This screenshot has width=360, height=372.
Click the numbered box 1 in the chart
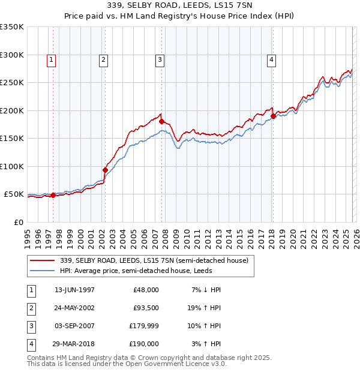point(52,59)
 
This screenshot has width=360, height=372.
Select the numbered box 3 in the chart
point(160,59)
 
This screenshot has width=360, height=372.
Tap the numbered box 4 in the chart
point(272,59)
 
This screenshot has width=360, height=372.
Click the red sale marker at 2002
point(105,170)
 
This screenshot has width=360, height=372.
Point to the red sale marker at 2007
point(161,121)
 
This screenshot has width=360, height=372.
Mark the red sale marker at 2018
point(273,116)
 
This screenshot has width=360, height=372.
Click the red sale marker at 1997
point(53,195)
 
